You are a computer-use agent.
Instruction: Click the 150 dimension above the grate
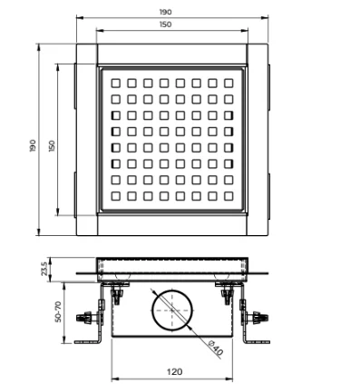pos(171,25)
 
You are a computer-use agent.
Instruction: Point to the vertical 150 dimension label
pos(53,144)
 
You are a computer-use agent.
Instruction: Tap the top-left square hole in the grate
pos(115,83)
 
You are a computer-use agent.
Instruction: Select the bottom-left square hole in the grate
pos(115,195)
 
